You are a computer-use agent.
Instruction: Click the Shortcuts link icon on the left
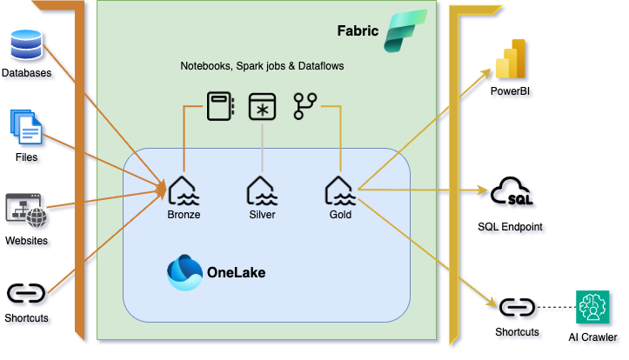pos(26,293)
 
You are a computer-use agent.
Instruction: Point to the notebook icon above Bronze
pos(218,106)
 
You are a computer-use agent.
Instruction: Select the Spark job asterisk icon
pos(262,106)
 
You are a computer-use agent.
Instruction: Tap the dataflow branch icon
pos(304,106)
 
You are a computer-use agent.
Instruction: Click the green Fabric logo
pos(406,32)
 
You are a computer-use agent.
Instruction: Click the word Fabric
pos(358,31)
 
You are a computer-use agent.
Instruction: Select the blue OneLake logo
pos(184,272)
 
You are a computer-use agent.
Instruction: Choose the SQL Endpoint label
pos(511,227)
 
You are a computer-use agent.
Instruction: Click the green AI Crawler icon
pos(595,308)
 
